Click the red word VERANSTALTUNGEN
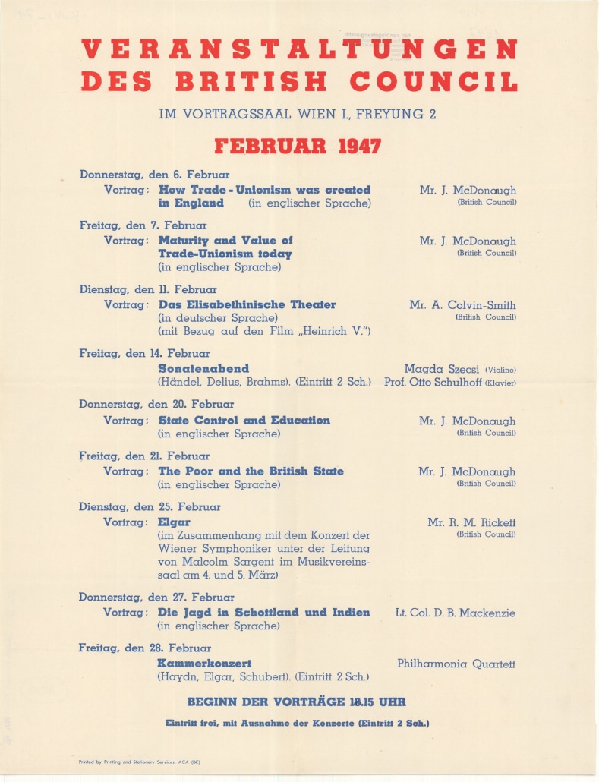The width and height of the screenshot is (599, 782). [x=299, y=50]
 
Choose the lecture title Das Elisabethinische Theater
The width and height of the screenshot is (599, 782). [x=247, y=304]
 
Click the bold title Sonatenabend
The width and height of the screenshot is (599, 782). [x=203, y=368]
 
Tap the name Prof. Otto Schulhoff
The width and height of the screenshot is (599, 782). [x=433, y=382]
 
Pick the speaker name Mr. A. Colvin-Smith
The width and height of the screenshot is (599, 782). [x=462, y=305]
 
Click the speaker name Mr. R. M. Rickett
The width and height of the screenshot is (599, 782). [x=471, y=522]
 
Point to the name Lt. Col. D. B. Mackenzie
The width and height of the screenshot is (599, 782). [x=456, y=613]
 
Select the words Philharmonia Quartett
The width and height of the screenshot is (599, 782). [x=456, y=664]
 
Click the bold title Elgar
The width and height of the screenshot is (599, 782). [x=174, y=522]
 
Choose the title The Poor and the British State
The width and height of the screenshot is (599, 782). [x=251, y=471]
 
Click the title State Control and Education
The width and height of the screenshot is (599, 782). [x=244, y=421]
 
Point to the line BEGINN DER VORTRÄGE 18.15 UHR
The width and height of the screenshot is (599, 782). [x=301, y=702]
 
